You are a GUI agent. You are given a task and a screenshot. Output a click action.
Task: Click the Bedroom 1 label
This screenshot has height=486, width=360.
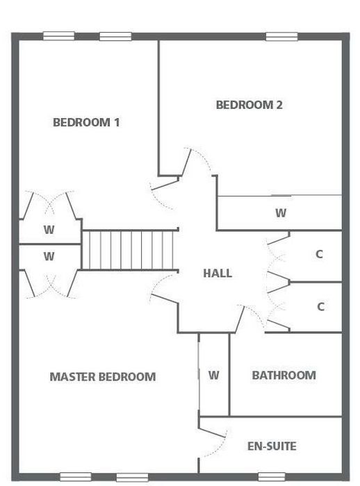tap(86, 122)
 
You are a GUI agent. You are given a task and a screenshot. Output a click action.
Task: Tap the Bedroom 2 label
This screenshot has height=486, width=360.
tap(249, 105)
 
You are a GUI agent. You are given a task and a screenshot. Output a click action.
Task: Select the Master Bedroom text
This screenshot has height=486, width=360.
tap(103, 377)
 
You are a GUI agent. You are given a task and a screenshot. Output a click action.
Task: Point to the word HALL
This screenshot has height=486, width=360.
tap(218, 274)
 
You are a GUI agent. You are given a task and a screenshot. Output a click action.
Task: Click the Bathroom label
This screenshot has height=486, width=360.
tap(284, 376)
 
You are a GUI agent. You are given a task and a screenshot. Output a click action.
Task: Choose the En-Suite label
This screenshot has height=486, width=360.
tap(272, 446)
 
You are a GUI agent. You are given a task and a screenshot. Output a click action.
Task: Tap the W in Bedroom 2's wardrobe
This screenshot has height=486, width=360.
tap(281, 213)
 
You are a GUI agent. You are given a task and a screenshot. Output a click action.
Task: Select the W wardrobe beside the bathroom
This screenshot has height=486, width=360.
tap(214, 376)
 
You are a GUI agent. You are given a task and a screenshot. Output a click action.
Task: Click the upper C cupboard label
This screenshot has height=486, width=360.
tap(320, 255)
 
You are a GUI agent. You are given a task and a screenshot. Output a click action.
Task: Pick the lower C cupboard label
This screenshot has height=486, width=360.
tap(320, 307)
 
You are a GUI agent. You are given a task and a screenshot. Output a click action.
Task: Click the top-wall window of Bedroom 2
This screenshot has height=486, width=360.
tap(281, 37)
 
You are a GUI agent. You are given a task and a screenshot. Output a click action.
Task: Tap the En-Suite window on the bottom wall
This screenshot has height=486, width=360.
tap(272, 477)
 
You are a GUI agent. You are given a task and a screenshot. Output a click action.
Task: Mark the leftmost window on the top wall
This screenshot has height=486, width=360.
tap(58, 36)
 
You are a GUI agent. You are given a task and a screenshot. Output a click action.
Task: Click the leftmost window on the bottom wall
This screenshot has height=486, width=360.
tap(76, 477)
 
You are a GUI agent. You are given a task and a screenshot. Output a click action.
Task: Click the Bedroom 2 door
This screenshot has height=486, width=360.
tap(186, 162)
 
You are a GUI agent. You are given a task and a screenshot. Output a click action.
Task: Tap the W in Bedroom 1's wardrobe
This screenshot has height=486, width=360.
tap(49, 230)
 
